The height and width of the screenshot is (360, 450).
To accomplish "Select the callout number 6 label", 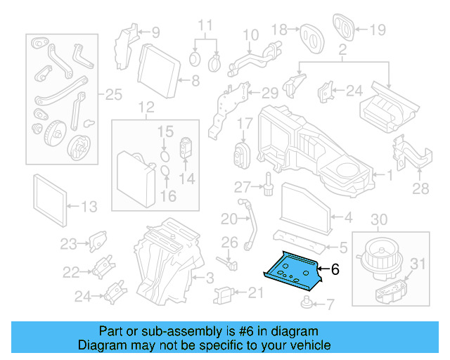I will pyautogui.click(x=335, y=269).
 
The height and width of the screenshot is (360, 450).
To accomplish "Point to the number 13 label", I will pyautogui.click(x=89, y=207).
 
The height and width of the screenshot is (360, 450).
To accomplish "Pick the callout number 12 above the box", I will pyautogui.click(x=145, y=108).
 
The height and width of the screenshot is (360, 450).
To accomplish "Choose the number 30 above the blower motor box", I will pyautogui.click(x=378, y=219).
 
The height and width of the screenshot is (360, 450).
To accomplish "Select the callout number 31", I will pyautogui.click(x=418, y=264).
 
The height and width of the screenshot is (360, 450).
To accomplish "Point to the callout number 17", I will pyautogui.click(x=243, y=124).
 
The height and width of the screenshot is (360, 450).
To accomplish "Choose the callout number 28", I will pyautogui.click(x=420, y=188).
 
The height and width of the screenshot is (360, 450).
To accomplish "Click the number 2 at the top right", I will pyautogui.click(x=342, y=50).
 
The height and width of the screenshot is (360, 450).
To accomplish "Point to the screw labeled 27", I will pyautogui.click(x=269, y=187).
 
